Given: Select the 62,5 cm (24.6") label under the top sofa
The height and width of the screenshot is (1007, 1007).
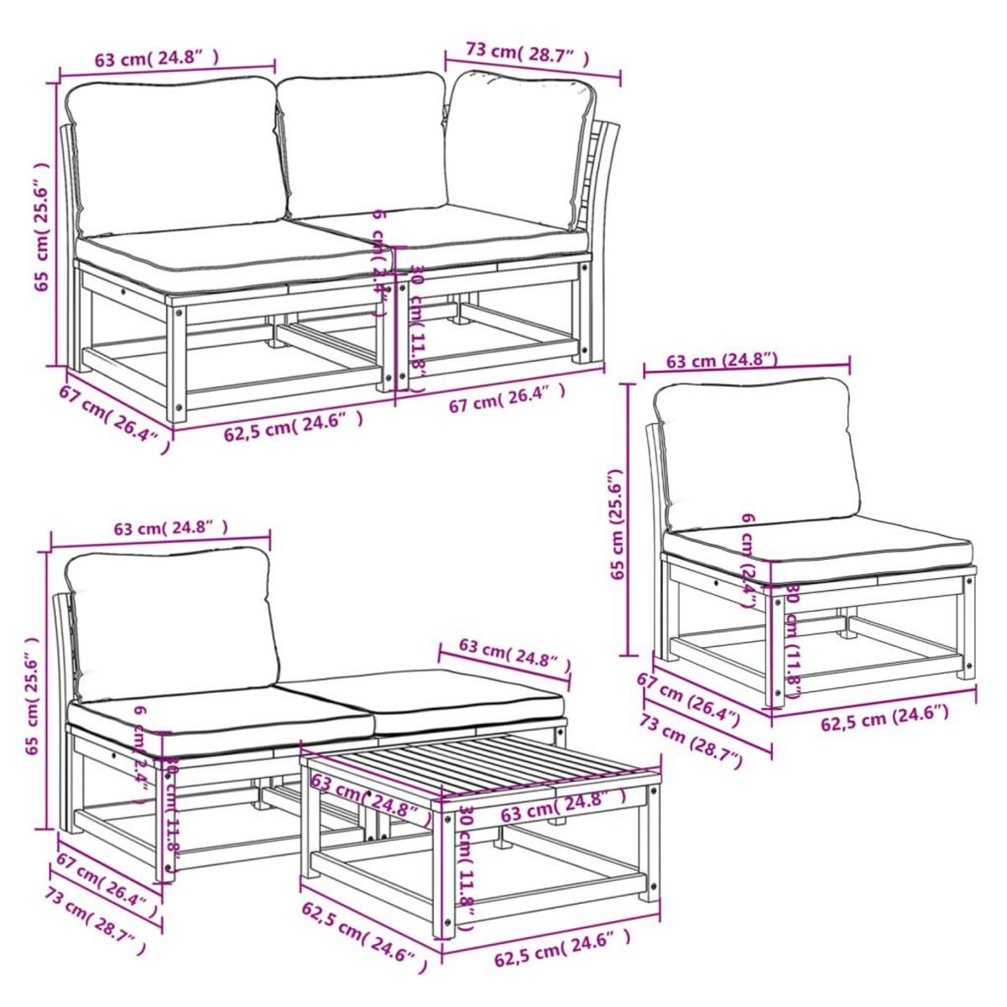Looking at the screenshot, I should (293, 427).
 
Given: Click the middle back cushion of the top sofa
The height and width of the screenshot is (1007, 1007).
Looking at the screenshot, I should (363, 143).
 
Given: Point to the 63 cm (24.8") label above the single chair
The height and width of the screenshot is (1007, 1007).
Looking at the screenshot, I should (721, 362).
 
